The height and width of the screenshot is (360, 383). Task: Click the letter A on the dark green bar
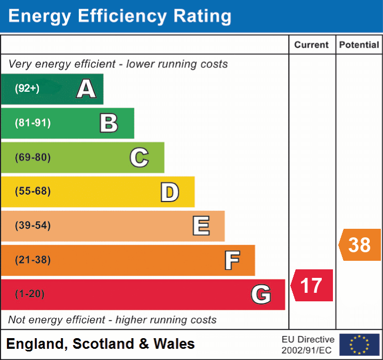86,89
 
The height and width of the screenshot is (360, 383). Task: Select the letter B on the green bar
109,123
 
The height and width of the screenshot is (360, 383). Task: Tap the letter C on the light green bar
139,157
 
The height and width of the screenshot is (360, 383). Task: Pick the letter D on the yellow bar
169,192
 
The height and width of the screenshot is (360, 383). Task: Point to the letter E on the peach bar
200,226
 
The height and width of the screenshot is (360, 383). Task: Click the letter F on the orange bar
232,260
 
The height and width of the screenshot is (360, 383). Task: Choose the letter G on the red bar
260,294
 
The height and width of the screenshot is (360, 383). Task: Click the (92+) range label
27,89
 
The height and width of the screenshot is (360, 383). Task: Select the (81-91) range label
32,123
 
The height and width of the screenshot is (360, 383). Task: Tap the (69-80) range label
32,157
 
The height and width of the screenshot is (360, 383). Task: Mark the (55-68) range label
32,191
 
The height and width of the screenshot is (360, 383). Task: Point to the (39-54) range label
32,226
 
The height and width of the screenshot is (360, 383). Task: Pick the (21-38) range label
32,260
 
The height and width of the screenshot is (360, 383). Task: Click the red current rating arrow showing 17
312,285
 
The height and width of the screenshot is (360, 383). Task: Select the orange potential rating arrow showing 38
360,245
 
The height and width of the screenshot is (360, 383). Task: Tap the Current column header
312,45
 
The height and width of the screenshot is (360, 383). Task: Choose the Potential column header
359,45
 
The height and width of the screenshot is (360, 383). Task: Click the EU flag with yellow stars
359,345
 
